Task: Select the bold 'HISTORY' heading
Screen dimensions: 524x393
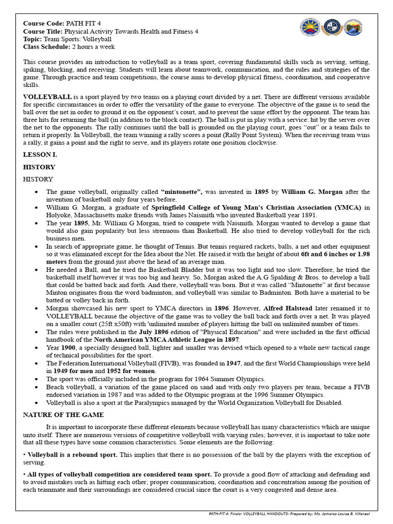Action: [39, 167]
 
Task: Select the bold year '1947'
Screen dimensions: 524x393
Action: [231, 363]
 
